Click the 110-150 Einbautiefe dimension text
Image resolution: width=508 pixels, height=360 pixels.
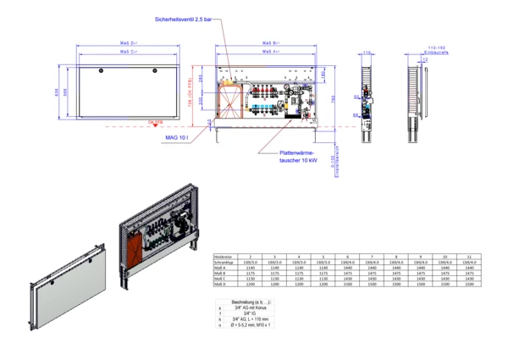[436, 48]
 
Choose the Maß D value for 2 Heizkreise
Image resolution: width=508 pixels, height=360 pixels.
[249, 285]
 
